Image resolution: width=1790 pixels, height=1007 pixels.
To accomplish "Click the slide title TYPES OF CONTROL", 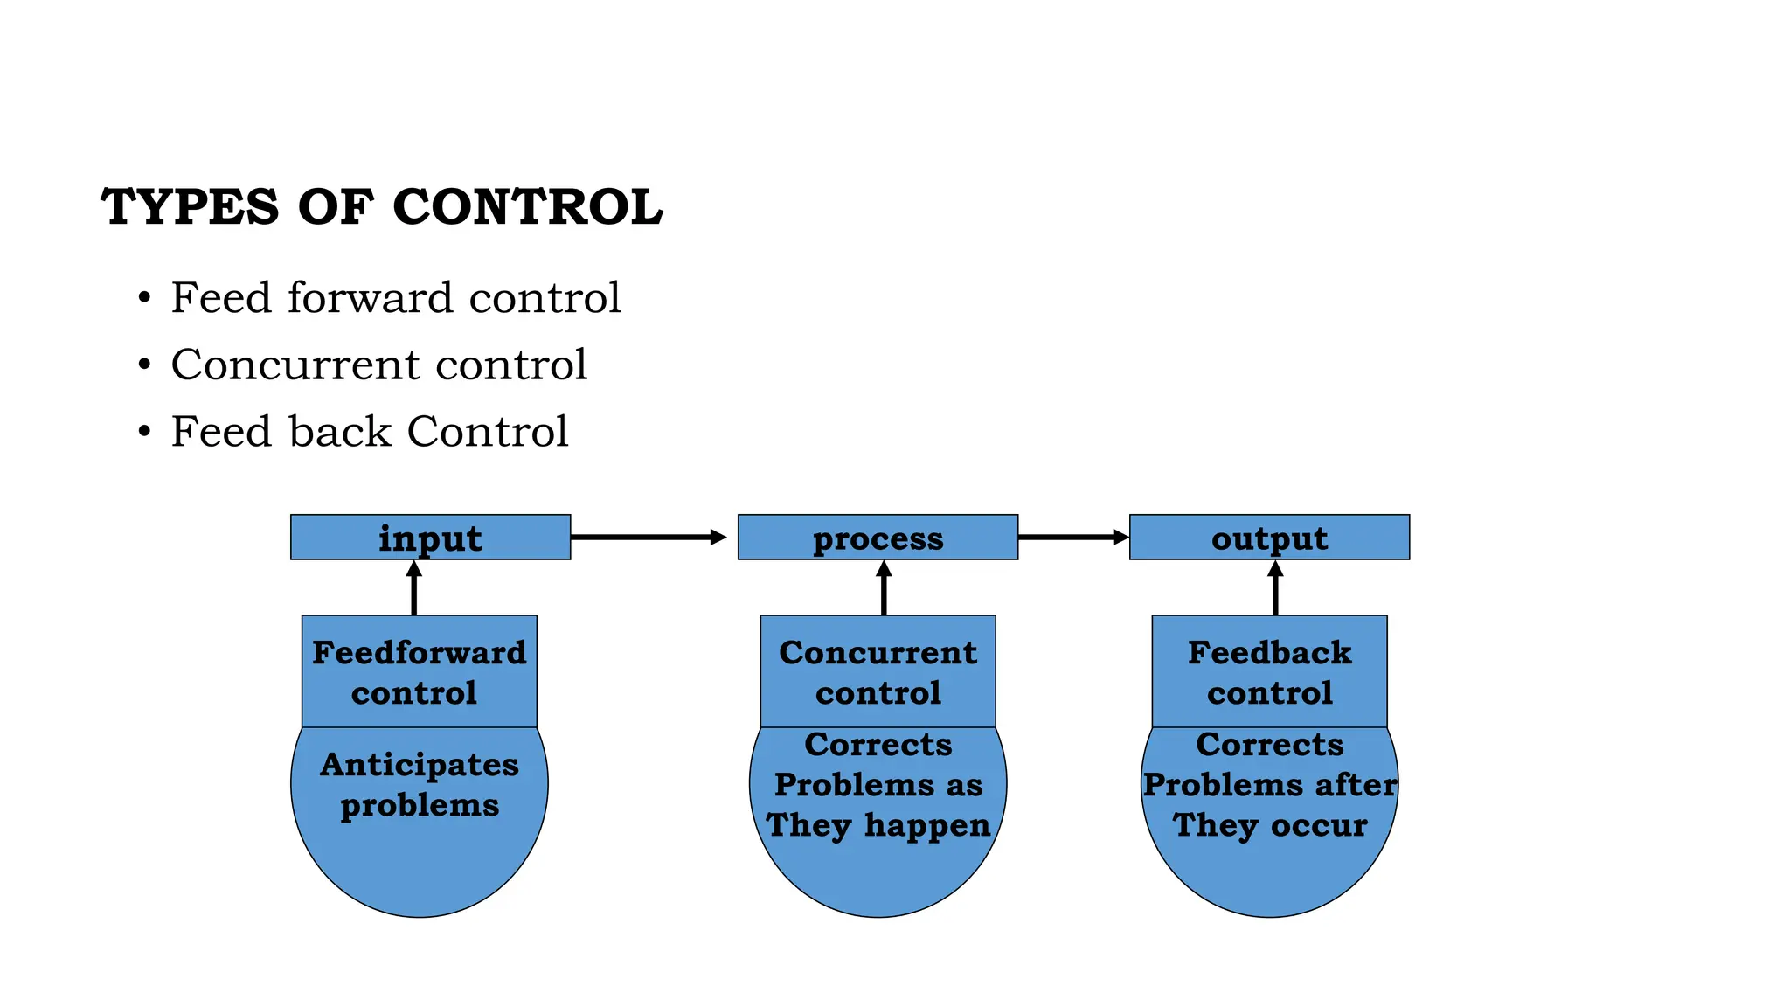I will pyautogui.click(x=382, y=207).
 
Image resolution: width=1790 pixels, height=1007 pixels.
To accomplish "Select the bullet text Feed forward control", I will pyautogui.click(x=395, y=298).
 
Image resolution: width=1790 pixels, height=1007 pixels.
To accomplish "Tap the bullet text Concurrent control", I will pyautogui.click(x=378, y=365).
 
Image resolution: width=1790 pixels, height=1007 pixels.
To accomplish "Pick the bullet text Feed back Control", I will pyautogui.click(x=369, y=432).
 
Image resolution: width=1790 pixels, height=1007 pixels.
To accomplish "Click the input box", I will pyautogui.click(x=430, y=538).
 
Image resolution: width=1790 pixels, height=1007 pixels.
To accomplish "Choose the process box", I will pyautogui.click(x=878, y=538).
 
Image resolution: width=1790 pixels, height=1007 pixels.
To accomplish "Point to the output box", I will pyautogui.click(x=1269, y=538).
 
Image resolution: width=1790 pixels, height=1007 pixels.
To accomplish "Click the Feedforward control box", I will pyautogui.click(x=420, y=671).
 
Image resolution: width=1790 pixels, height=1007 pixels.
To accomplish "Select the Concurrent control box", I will pyautogui.click(x=878, y=671).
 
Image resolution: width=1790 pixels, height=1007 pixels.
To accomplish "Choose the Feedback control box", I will pyautogui.click(x=1269, y=671).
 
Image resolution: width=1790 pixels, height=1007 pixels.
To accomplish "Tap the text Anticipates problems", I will pyautogui.click(x=420, y=784).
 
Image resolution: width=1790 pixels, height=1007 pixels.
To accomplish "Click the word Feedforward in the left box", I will pyautogui.click(x=420, y=653).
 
